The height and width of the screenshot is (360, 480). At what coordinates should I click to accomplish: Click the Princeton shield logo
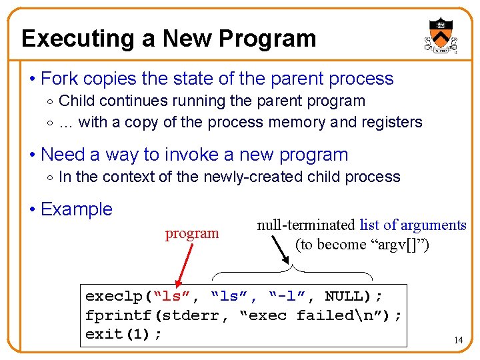point(441,36)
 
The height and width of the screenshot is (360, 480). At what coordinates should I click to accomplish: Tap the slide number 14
point(458,340)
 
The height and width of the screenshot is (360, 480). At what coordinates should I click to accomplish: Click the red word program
point(192,233)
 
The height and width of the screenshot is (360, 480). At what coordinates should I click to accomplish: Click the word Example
point(77,209)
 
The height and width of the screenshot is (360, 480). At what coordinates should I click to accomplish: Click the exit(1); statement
point(123,334)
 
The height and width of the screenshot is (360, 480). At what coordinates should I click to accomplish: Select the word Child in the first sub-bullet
point(77,101)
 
